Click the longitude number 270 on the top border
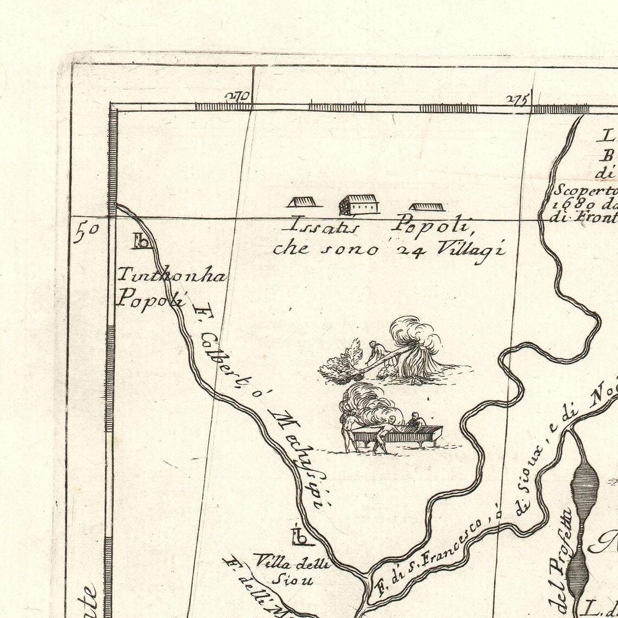pos(237,98)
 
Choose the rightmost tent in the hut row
pos(426,207)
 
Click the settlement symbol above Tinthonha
pos(142,241)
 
